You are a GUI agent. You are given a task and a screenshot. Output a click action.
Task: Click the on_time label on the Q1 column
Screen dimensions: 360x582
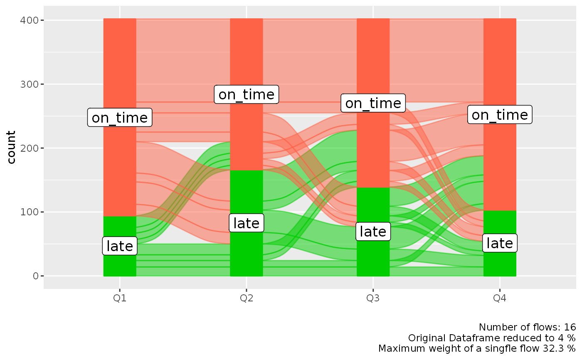pyautogui.click(x=120, y=118)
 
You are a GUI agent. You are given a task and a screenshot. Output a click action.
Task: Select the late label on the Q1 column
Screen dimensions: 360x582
pyautogui.click(x=120, y=246)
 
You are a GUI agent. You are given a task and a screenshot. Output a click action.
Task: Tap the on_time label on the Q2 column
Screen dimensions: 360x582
pyautogui.click(x=247, y=94)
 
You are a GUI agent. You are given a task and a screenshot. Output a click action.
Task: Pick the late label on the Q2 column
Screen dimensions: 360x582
pyautogui.click(x=247, y=223)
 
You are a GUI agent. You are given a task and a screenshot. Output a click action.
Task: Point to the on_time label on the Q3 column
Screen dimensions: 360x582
pyautogui.click(x=373, y=103)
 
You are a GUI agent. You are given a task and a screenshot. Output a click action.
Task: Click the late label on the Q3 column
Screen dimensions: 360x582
pyautogui.click(x=373, y=232)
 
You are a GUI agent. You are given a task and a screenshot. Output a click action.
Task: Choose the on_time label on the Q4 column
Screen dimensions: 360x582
pyautogui.click(x=500, y=114)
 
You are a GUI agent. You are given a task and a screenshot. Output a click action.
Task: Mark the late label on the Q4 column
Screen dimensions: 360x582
pyautogui.click(x=500, y=243)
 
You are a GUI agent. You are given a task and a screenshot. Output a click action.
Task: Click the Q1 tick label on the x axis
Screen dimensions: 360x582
pyautogui.click(x=120, y=298)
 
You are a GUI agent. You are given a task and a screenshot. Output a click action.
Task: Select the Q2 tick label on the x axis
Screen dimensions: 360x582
pyautogui.click(x=247, y=298)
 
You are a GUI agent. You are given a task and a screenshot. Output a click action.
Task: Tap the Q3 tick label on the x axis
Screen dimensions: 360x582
pyautogui.click(x=373, y=298)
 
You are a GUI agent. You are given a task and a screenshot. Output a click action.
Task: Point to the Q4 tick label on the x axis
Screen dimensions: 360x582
pyautogui.click(x=500, y=298)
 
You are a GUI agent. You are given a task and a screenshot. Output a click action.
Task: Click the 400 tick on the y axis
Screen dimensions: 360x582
pyautogui.click(x=29, y=20)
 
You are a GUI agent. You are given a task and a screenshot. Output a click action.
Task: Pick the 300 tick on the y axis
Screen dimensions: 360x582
pyautogui.click(x=29, y=84)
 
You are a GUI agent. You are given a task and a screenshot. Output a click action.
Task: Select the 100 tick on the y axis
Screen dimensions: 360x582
pyautogui.click(x=29, y=212)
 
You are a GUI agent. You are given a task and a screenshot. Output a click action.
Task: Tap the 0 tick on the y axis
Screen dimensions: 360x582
pyautogui.click(x=35, y=276)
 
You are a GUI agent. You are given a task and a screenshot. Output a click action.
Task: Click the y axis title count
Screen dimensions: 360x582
pyautogui.click(x=11, y=148)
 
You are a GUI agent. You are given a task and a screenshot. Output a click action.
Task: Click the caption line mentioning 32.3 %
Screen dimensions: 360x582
pyautogui.click(x=477, y=348)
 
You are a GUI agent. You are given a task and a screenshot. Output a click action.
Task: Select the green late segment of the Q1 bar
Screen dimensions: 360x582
pyautogui.click(x=120, y=266)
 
